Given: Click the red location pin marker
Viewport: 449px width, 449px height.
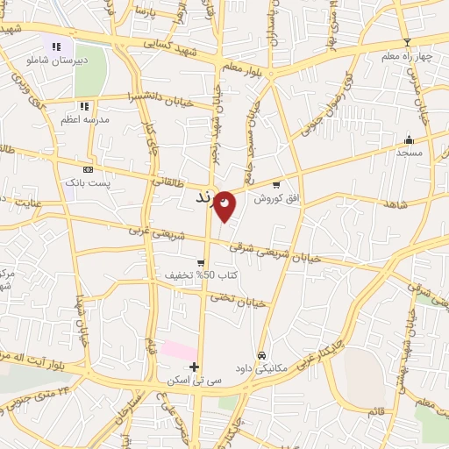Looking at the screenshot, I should [225, 204].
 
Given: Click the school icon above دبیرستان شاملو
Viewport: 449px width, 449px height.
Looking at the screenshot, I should [56, 46].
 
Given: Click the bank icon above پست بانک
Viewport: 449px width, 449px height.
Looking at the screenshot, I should [87, 169].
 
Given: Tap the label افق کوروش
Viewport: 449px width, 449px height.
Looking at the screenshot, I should [276, 199].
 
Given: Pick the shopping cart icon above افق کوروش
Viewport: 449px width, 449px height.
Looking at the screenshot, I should [276, 185].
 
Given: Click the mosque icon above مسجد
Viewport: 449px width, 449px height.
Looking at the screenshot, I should [409, 139].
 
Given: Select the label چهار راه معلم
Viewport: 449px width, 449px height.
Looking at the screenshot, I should [407, 57].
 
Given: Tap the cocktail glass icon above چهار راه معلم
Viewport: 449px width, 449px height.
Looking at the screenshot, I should [407, 43].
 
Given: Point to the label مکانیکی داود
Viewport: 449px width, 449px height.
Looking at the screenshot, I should [262, 367].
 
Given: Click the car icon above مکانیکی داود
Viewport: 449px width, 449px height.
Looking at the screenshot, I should [262, 354].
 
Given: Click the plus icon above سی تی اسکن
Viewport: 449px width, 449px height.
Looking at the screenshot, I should [195, 367].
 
